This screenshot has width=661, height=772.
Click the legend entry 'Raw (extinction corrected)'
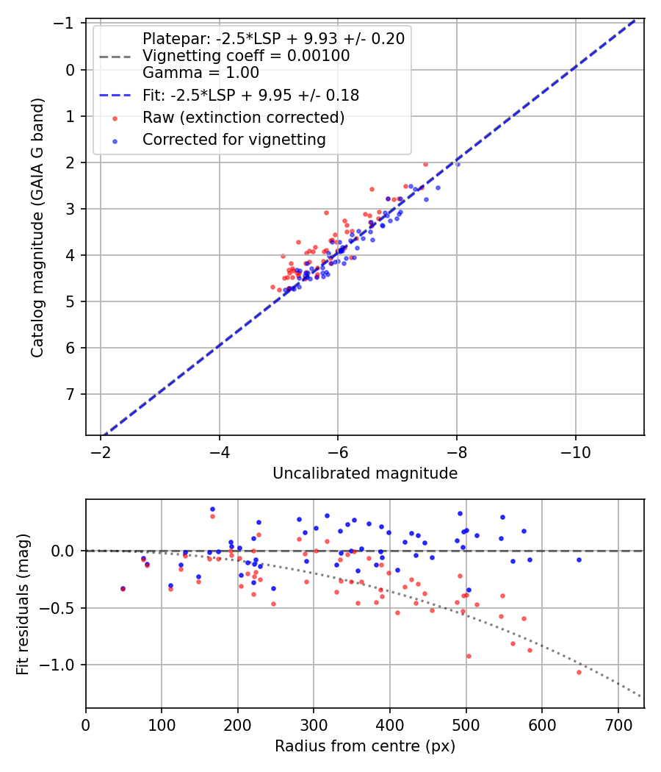tap(243, 118)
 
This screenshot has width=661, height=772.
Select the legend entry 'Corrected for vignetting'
tap(234, 139)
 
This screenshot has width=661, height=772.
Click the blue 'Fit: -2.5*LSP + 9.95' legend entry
tap(250, 95)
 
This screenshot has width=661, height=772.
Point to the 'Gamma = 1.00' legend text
tap(201, 73)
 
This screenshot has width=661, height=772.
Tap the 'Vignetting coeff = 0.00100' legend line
tap(246, 56)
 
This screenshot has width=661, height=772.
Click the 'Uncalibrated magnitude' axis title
tap(365, 473)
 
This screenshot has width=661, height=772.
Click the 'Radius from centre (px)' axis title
tap(365, 746)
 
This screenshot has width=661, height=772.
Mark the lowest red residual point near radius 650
tap(579, 672)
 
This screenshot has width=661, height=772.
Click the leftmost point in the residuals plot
tap(123, 588)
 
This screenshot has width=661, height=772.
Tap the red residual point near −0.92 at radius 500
tap(469, 656)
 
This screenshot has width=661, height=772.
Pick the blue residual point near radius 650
tap(579, 560)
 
